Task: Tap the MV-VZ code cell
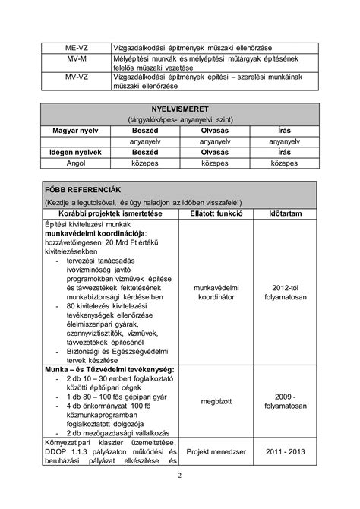pyautogui.click(x=75, y=77)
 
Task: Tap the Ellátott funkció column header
pyautogui.click(x=215, y=213)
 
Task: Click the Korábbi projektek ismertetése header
pyautogui.click(x=109, y=213)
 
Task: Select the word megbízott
pyautogui.click(x=215, y=400)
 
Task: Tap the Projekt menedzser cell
pyautogui.click(x=215, y=451)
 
